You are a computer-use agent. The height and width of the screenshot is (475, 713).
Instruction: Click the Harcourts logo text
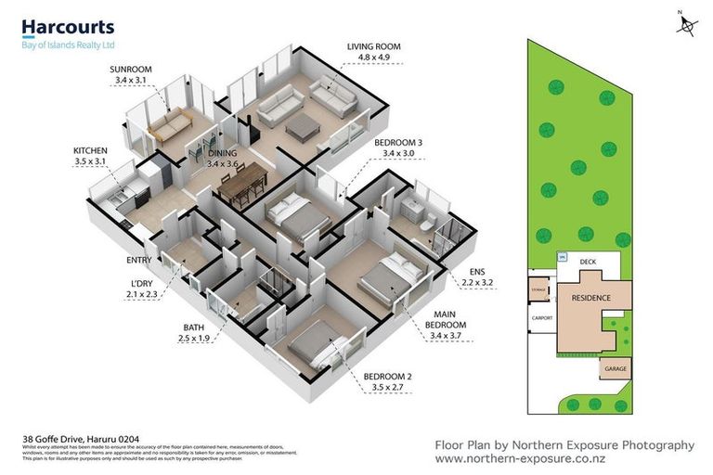tap(68, 27)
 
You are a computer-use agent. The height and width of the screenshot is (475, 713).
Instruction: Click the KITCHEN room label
tap(91, 150)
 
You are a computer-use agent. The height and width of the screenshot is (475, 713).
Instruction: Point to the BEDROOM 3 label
tap(398, 142)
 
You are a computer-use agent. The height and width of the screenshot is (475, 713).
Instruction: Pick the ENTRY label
tap(138, 260)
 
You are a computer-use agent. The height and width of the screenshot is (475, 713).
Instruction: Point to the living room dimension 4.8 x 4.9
tap(376, 58)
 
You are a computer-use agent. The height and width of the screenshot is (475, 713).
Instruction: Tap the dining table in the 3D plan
tap(243, 186)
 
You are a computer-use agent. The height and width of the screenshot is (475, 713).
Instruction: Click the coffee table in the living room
tap(304, 129)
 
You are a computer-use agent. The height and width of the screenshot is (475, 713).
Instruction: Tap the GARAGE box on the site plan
tap(616, 368)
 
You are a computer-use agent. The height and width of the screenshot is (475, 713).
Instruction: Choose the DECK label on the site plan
tap(588, 263)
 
